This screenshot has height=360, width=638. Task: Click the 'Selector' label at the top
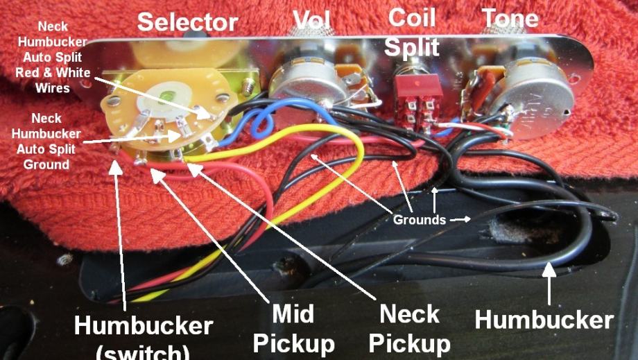click(x=187, y=22)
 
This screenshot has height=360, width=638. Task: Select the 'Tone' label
click(x=510, y=17)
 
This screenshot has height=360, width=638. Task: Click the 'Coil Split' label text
click(x=412, y=31)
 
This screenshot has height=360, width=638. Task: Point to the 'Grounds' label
click(x=419, y=220)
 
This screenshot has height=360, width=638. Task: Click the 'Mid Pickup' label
click(x=293, y=328)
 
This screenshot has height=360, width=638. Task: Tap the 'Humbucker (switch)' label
click(x=143, y=336)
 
